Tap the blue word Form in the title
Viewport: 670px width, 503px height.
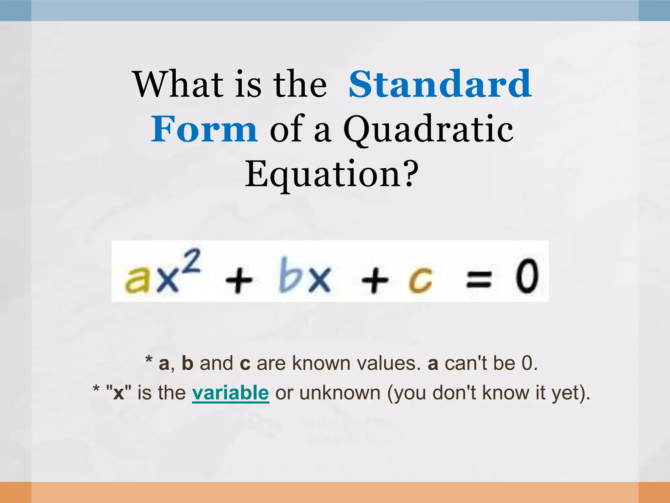coord(204,129)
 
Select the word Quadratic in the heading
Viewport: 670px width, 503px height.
coord(428,130)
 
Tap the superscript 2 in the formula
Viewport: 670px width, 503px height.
coord(190,261)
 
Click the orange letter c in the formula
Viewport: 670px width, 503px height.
coord(420,280)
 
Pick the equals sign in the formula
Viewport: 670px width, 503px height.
coord(478,280)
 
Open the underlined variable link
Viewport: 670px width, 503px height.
coord(230,393)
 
